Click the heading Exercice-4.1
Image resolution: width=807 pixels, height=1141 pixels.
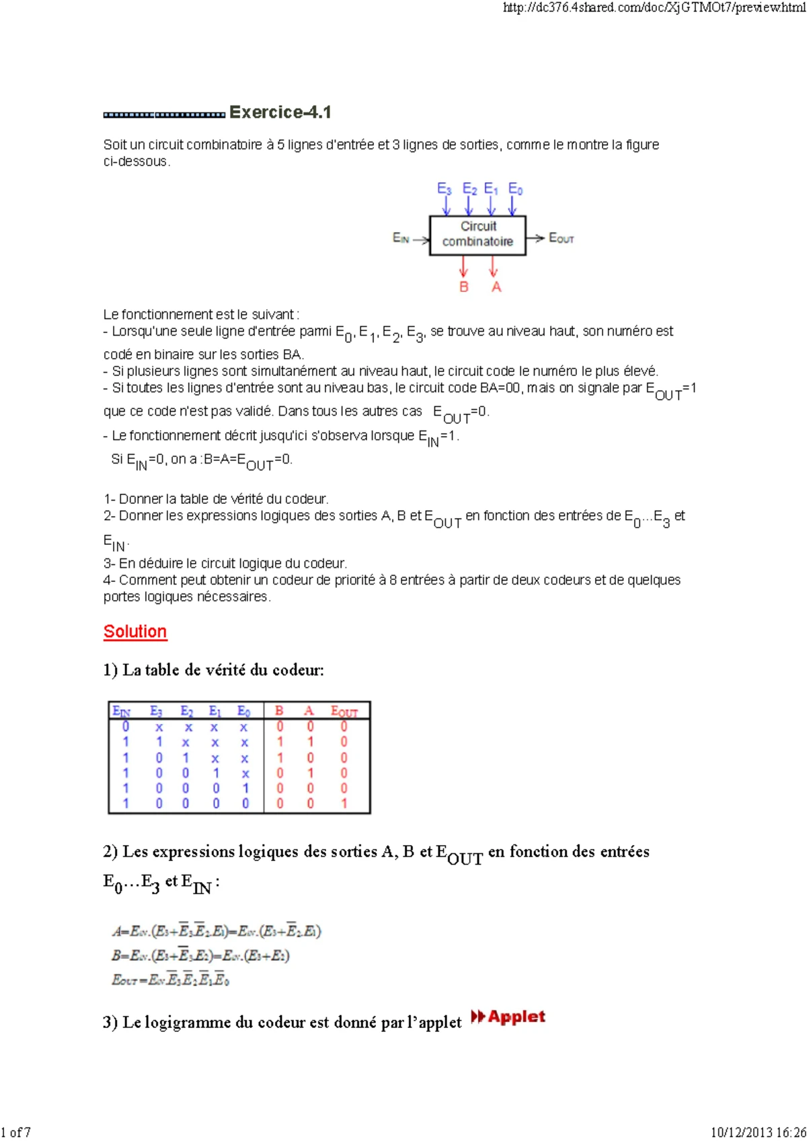[x=280, y=112]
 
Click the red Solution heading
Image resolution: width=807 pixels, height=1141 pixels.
[x=135, y=632]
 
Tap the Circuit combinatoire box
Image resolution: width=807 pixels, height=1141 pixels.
[x=477, y=234]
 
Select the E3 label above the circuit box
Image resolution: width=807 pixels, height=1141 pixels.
[x=444, y=189]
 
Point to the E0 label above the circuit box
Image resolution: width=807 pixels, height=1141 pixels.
[x=515, y=189]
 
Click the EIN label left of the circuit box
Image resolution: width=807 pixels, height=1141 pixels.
[x=401, y=238]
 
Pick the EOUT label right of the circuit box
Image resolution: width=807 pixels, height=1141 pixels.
[x=562, y=238]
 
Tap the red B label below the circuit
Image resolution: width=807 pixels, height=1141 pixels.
[x=463, y=287]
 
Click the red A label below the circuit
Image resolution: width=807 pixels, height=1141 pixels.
[x=496, y=287]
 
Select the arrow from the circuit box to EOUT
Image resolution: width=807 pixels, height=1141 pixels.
[x=536, y=238]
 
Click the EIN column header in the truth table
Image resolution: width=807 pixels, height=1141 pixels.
[x=122, y=711]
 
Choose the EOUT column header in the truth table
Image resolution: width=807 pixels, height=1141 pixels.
[x=344, y=711]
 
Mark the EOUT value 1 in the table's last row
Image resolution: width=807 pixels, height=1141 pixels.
[x=344, y=803]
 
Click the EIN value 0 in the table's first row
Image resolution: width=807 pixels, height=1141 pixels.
[x=126, y=727]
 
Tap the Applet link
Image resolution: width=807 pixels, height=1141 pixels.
[x=509, y=1017]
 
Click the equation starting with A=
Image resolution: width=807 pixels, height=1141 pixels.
[x=217, y=931]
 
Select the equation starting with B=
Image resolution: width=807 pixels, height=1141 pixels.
[x=200, y=955]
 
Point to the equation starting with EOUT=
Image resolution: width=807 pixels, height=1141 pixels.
[x=171, y=980]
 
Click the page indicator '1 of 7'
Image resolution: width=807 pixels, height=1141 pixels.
[x=16, y=1132]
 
